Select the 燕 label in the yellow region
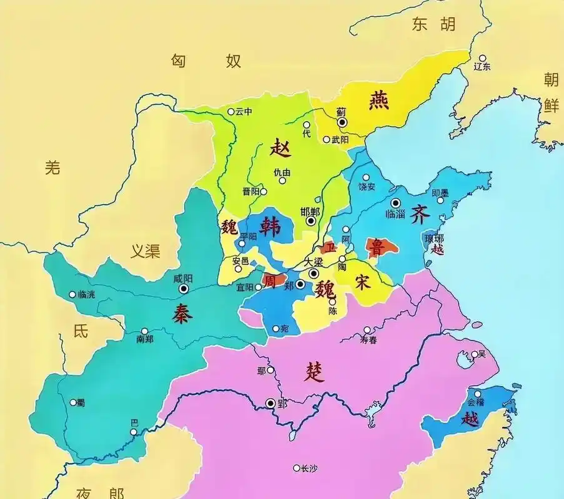click(378, 100)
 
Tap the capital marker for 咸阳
click(184, 289)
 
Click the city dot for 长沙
click(296, 468)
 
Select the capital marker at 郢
click(270, 404)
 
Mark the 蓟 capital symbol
click(342, 122)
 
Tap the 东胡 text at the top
click(433, 24)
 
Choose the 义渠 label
click(145, 251)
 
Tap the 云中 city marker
click(230, 112)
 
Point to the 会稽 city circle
click(480, 394)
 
